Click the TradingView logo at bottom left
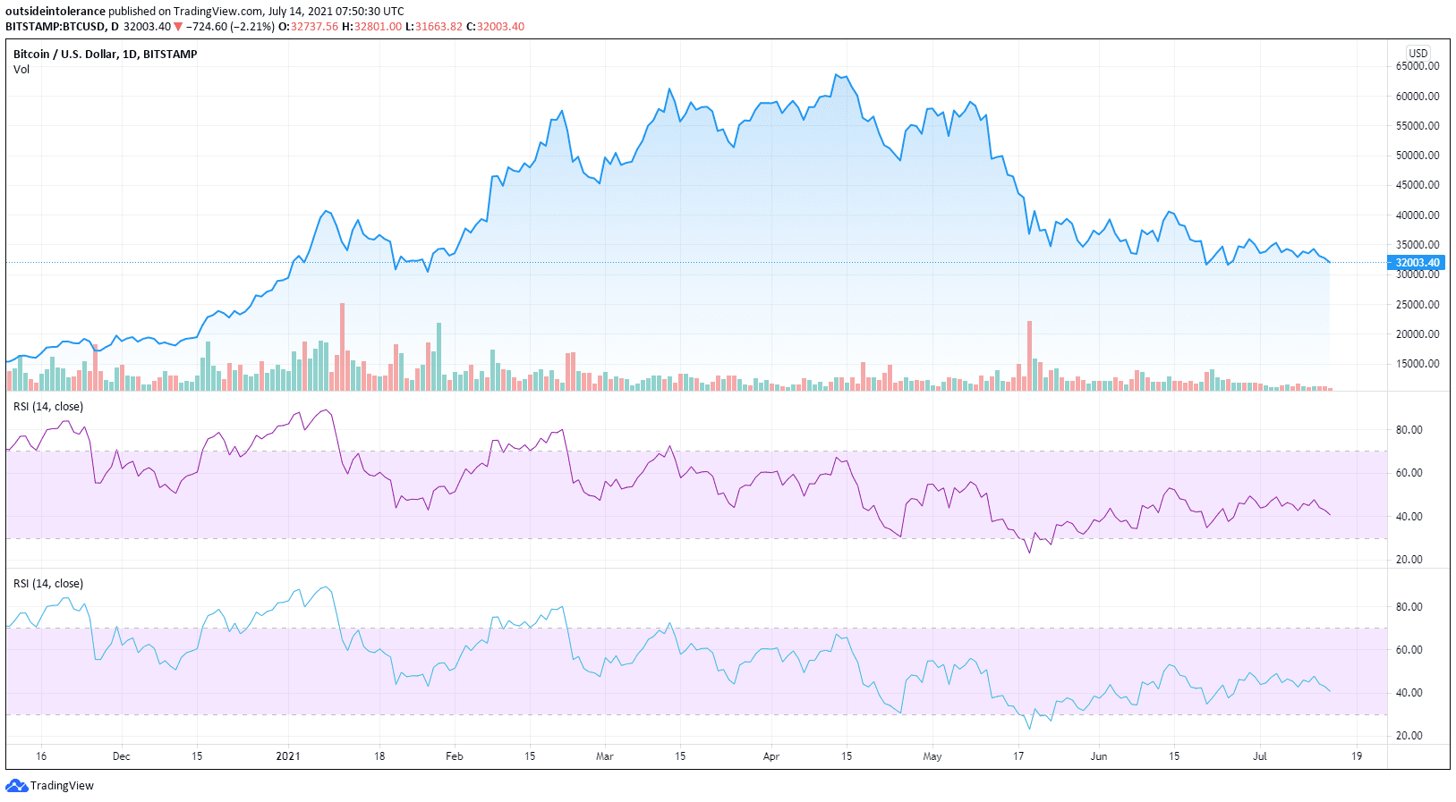(50, 785)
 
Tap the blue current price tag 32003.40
(1418, 263)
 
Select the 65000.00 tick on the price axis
(1418, 66)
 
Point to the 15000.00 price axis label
(1418, 364)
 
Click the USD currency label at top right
(1418, 53)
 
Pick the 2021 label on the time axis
(288, 756)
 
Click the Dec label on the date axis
(122, 756)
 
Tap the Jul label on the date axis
(1260, 756)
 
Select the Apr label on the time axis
(771, 756)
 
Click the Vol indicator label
(21, 70)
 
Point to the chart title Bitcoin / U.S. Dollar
(105, 54)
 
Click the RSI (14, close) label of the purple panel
(48, 407)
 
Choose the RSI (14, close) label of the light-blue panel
(48, 584)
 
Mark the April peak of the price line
(837, 75)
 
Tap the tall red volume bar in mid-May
(1030, 355)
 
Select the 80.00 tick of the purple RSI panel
(1409, 430)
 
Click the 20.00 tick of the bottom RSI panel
(1409, 736)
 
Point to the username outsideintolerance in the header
(55, 12)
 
